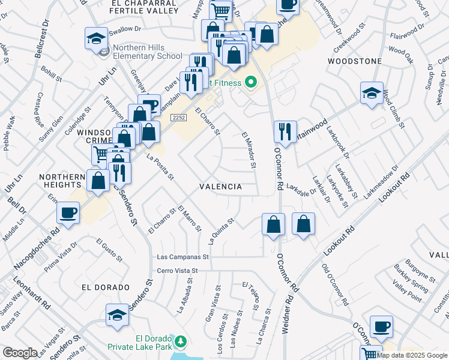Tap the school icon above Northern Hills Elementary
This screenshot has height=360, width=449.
(x=96, y=39)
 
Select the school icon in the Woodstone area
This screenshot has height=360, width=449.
(x=372, y=93)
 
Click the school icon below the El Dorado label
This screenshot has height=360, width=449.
(x=117, y=315)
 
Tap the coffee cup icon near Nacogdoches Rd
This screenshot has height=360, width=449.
(x=68, y=212)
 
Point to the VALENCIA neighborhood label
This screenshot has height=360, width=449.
(x=221, y=187)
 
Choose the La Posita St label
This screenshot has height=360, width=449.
(x=160, y=167)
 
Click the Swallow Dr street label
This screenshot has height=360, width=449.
(x=124, y=28)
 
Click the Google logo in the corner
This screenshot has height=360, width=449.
(x=20, y=353)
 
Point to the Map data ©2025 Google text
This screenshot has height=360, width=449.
(x=412, y=355)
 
